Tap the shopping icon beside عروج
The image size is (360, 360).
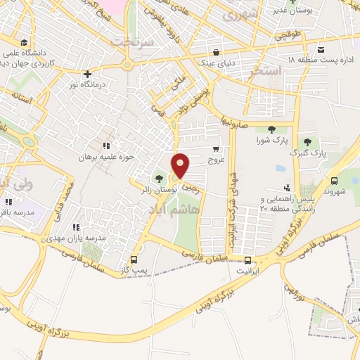tap(216, 148)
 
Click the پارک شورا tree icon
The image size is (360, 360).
tap(271, 129)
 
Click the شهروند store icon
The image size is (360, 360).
tap(335, 179)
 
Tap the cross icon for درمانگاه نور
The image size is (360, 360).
tap(87, 73)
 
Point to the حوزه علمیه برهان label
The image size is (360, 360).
tap(105, 155)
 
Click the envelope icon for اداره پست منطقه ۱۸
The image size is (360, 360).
tap(321, 49)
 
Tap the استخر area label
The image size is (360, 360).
tap(284, 71)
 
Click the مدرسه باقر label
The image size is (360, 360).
tap(15, 212)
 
